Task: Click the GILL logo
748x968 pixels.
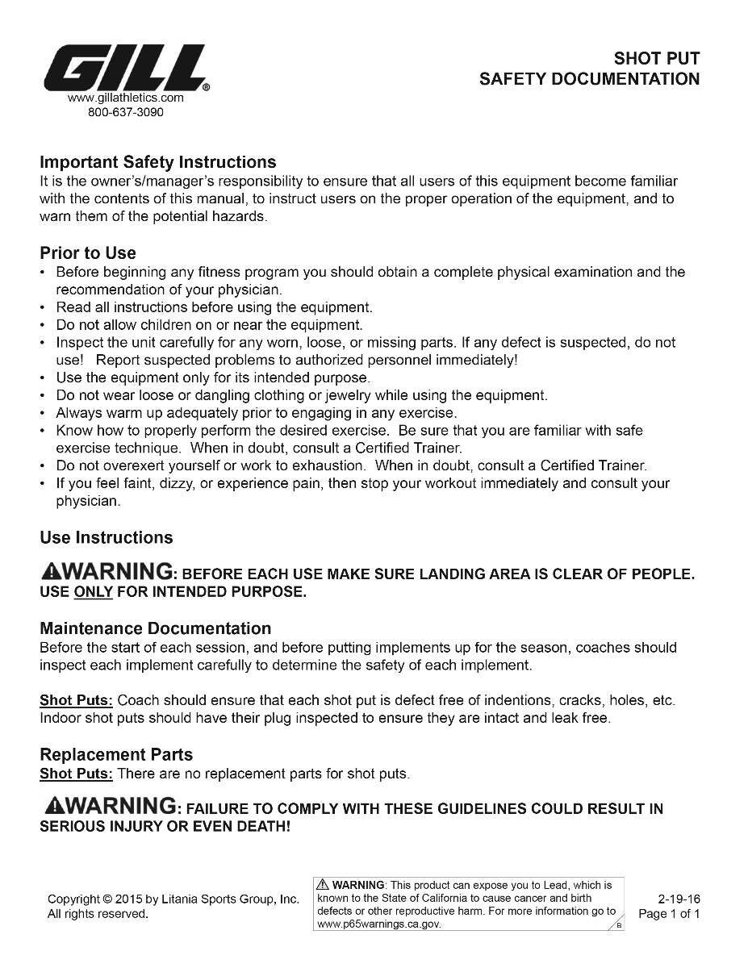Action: pos(125,69)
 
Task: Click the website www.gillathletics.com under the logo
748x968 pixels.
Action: pos(125,98)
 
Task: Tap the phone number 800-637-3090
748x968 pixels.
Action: pos(125,112)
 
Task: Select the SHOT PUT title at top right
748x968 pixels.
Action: pos(656,58)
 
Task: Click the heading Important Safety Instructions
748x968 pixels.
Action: pos(158,162)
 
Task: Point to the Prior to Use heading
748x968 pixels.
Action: pos(88,253)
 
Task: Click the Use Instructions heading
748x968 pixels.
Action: pos(106,538)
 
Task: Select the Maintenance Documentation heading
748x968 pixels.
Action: pos(156,628)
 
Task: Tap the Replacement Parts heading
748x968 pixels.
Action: pos(116,755)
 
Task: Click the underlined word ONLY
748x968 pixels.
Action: pos(93,592)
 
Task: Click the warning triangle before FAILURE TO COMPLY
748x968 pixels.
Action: pos(56,806)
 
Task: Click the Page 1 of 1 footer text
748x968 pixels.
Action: pos(669,914)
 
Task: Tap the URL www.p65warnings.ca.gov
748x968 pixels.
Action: pos(379,924)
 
